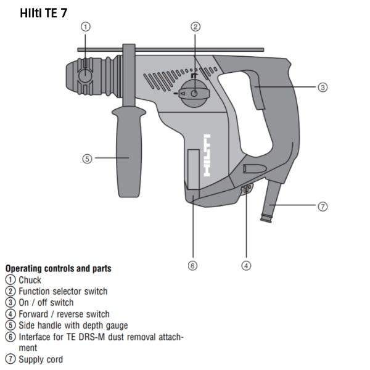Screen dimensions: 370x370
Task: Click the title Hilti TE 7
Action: coord(44,13)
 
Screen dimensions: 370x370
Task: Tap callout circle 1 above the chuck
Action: coord(86,27)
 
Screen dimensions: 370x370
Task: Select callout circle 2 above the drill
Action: coord(195,27)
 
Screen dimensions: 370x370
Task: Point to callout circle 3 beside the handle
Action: coord(323,88)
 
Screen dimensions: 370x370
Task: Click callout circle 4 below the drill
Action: coord(246,266)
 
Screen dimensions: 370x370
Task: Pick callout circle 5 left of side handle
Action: coord(87,159)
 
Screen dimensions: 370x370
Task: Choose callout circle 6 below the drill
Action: coord(192,266)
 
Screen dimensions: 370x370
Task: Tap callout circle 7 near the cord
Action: coord(323,207)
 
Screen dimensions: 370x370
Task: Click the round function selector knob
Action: coord(194,94)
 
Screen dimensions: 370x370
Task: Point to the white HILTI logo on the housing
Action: coord(207,155)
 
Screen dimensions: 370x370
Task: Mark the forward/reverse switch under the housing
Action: coord(246,188)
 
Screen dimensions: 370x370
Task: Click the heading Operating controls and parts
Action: coord(59,268)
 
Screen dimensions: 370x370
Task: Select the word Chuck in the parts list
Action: coord(30,280)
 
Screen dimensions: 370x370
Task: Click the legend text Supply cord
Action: coord(41,360)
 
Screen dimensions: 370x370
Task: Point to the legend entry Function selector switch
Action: coord(63,292)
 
